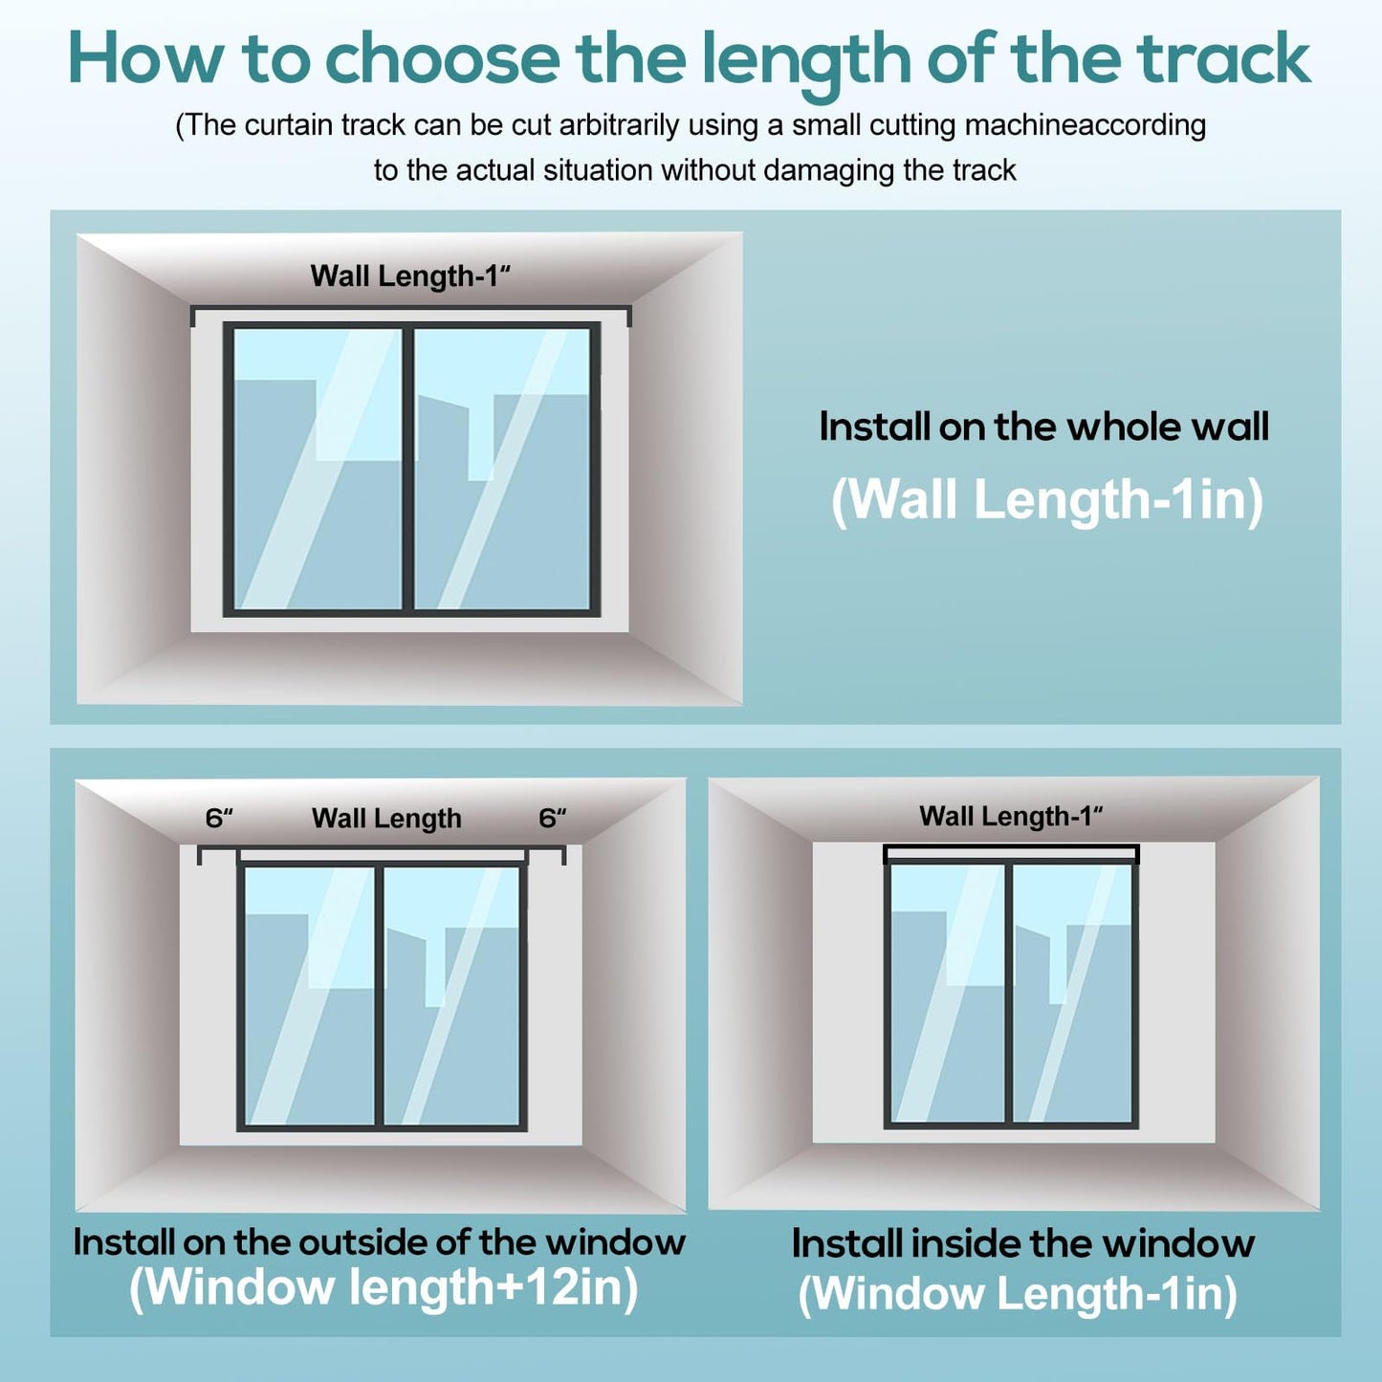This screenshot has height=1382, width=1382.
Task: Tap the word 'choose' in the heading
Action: click(442, 59)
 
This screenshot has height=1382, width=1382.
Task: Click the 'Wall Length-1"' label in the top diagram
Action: click(410, 276)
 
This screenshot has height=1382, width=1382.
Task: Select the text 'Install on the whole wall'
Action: click(1043, 427)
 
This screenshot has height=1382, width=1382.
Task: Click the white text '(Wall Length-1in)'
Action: click(1046, 500)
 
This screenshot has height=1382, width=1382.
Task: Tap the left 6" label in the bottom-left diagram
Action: click(219, 819)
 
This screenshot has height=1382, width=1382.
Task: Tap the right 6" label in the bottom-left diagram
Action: click(552, 819)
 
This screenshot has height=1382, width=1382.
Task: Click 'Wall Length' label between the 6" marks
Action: click(386, 819)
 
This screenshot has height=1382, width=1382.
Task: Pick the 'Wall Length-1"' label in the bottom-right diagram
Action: click(1011, 817)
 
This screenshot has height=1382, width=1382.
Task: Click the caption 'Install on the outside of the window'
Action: click(380, 1242)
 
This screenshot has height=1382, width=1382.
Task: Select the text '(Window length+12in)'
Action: click(384, 1287)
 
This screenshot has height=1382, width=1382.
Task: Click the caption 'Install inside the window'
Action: click(1022, 1243)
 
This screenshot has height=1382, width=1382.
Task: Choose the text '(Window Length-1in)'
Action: click(1018, 1294)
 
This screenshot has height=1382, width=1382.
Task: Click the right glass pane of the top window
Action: click(502, 469)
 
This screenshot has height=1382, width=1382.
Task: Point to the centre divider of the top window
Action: click(408, 469)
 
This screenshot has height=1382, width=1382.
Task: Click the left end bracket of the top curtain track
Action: click(193, 317)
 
